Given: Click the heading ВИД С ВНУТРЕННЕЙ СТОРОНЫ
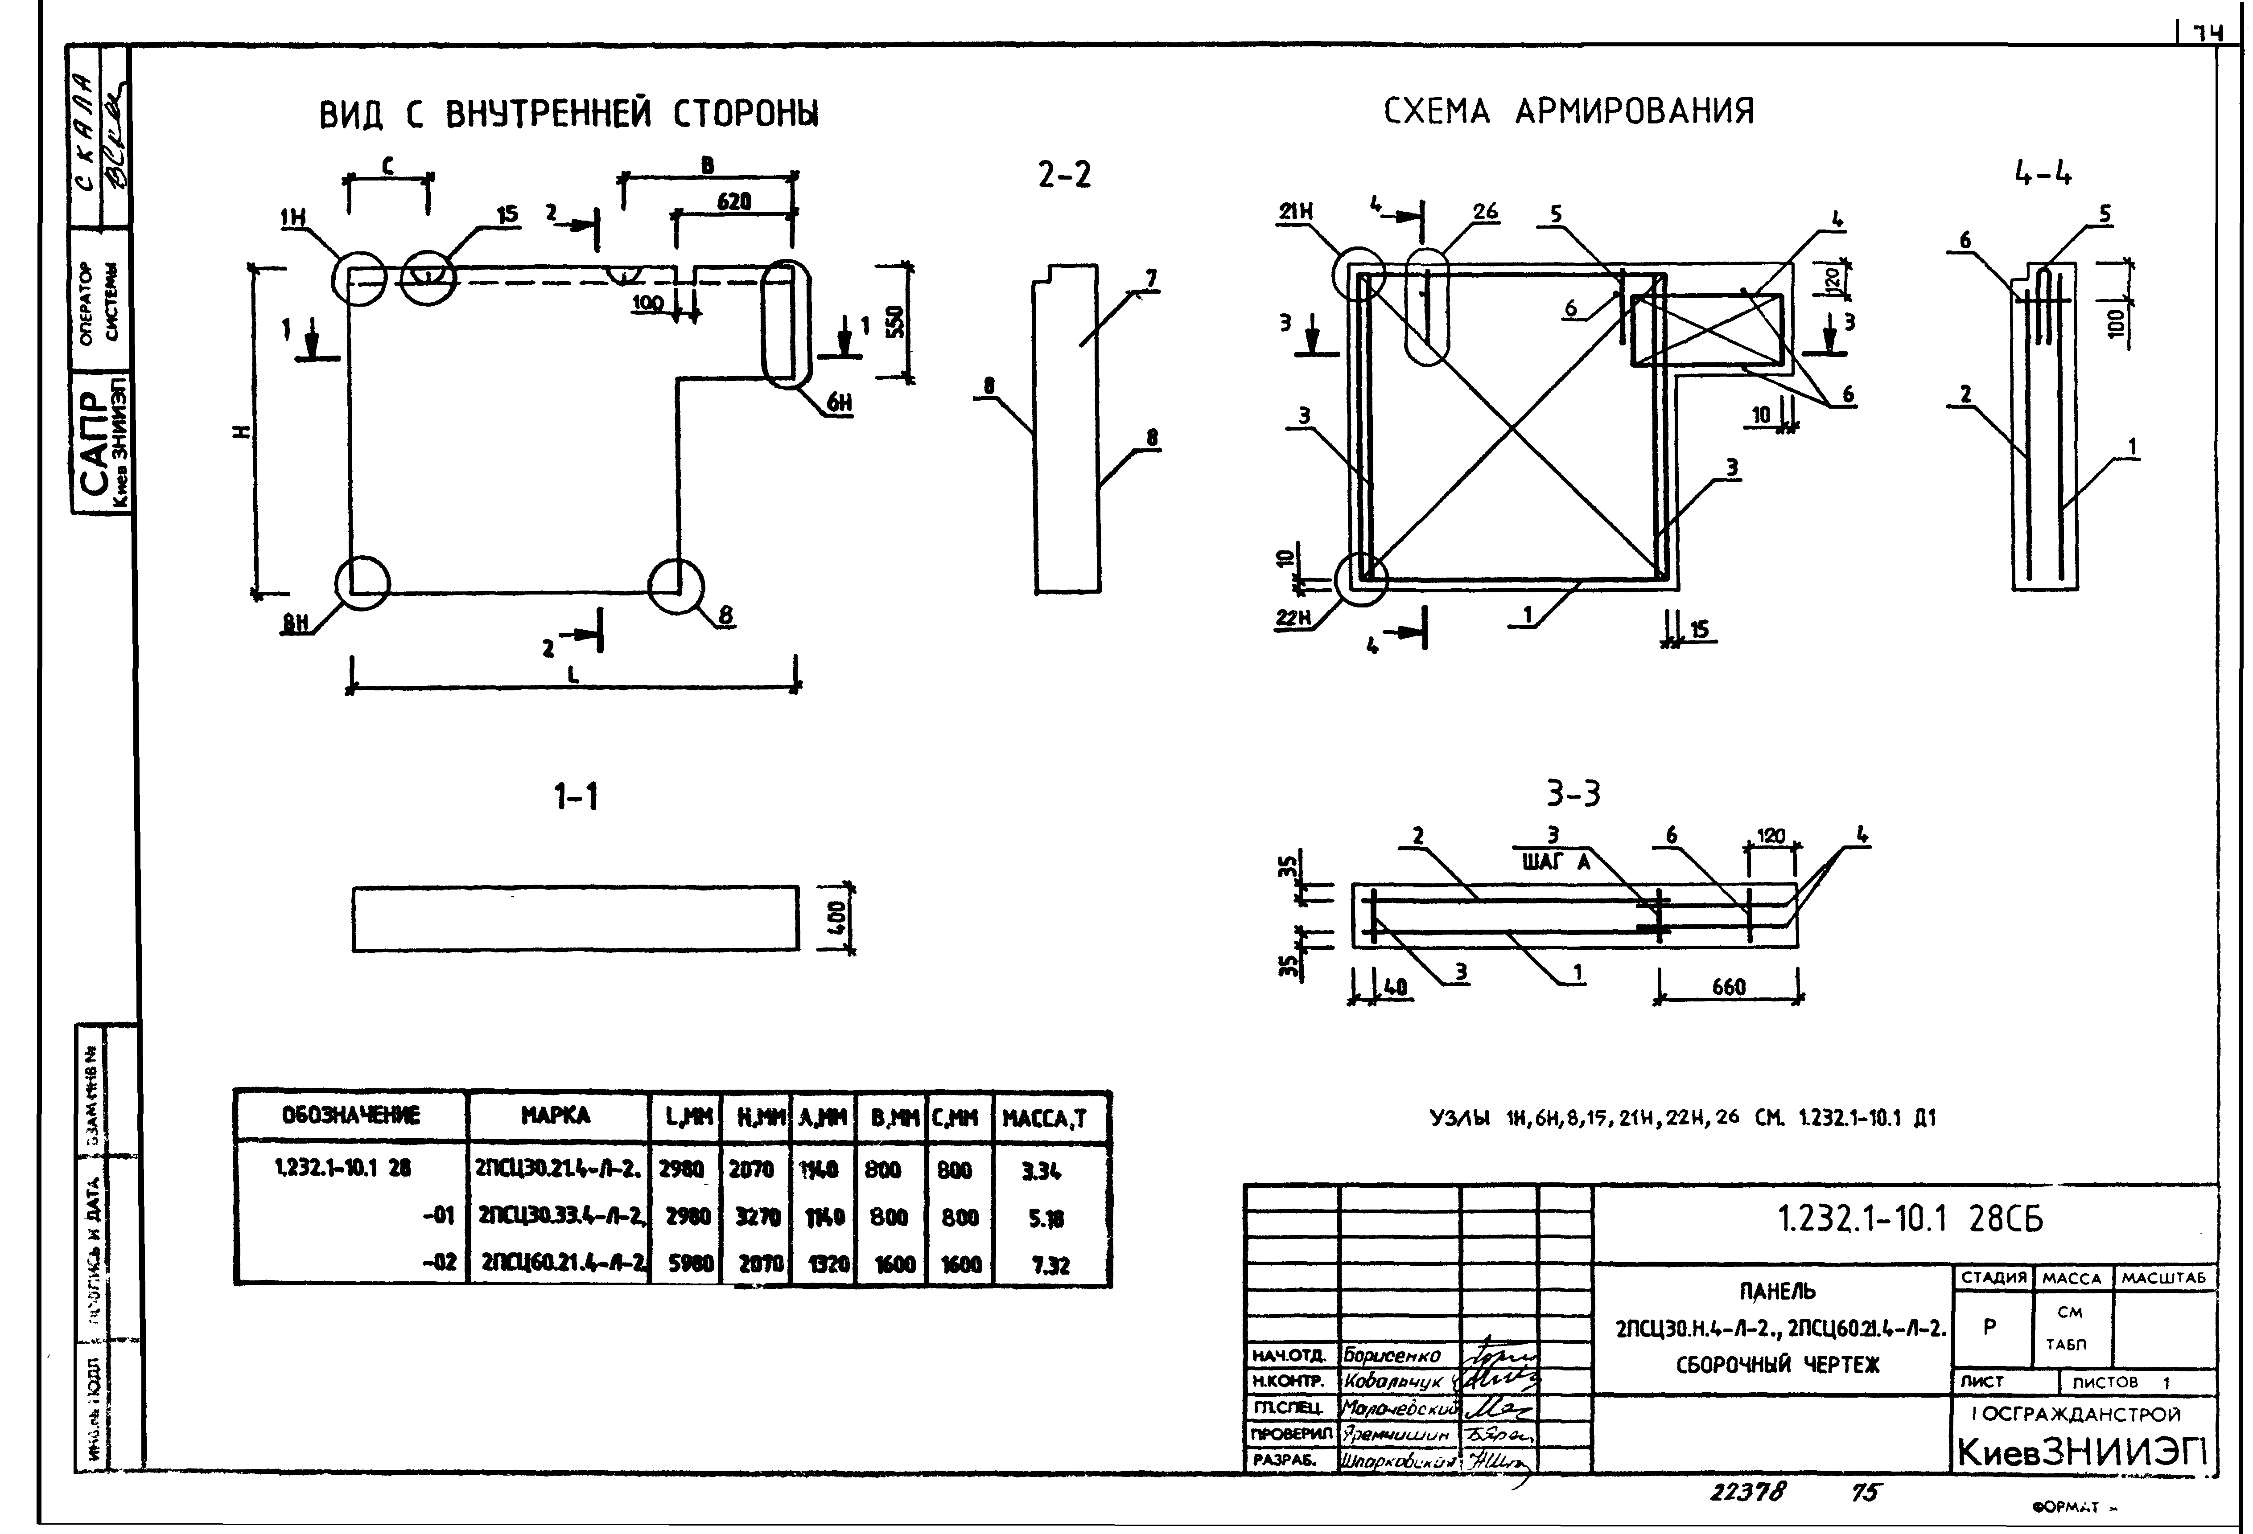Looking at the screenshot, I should (x=569, y=115).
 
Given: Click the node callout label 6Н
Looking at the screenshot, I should (x=840, y=403).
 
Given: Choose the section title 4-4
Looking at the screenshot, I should (x=2043, y=174).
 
